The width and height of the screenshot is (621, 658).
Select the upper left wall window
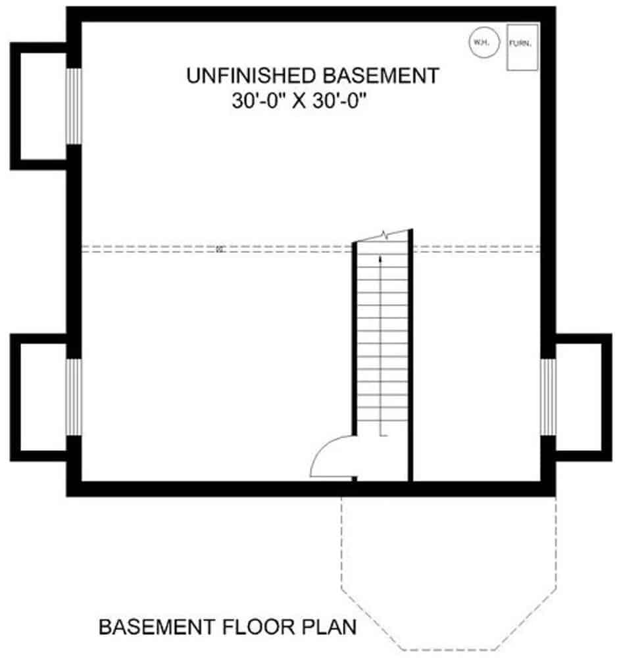(x=74, y=105)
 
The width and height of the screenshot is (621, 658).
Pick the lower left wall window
(x=74, y=397)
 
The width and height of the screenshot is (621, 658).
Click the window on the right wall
(x=547, y=397)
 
